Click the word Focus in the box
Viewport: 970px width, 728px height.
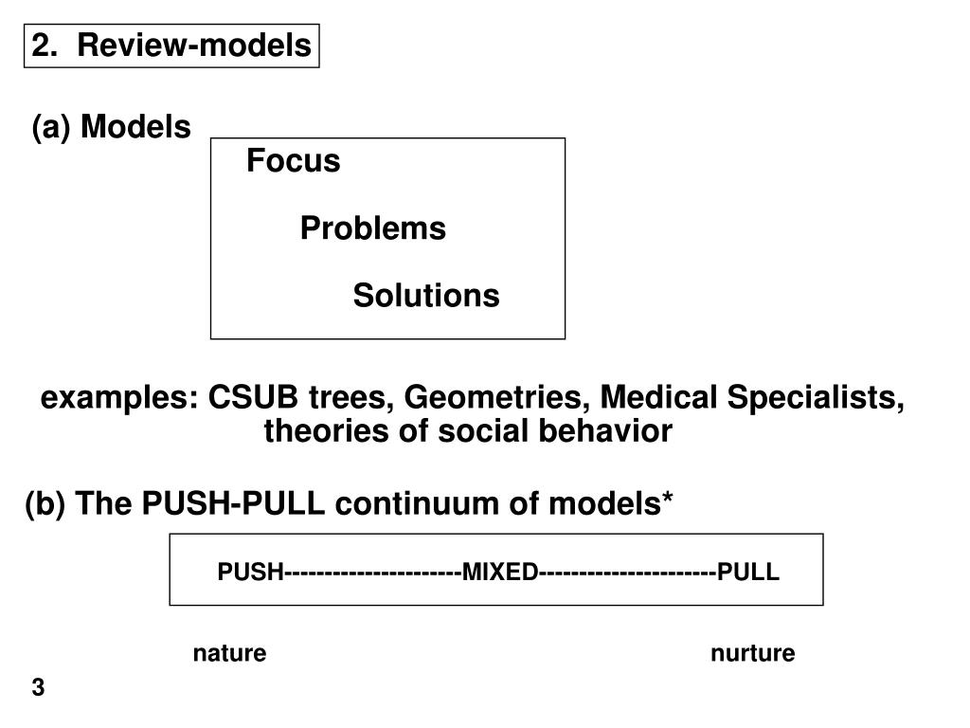point(294,160)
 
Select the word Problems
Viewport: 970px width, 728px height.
point(373,227)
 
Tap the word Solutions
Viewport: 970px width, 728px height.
point(426,296)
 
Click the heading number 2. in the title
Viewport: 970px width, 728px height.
point(45,45)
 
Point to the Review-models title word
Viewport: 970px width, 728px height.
point(194,45)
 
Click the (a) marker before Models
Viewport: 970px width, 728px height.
point(51,127)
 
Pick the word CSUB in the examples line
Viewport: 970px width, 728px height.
point(252,397)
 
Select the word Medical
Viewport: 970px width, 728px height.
point(658,397)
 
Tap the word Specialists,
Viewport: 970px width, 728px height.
point(816,398)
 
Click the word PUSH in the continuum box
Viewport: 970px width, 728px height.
point(250,572)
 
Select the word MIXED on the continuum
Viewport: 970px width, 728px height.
point(500,572)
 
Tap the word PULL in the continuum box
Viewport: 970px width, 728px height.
point(748,572)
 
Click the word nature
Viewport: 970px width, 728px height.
point(229,653)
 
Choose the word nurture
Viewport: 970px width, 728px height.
point(753,653)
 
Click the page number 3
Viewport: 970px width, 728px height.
point(38,687)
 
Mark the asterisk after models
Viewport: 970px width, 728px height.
point(668,496)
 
